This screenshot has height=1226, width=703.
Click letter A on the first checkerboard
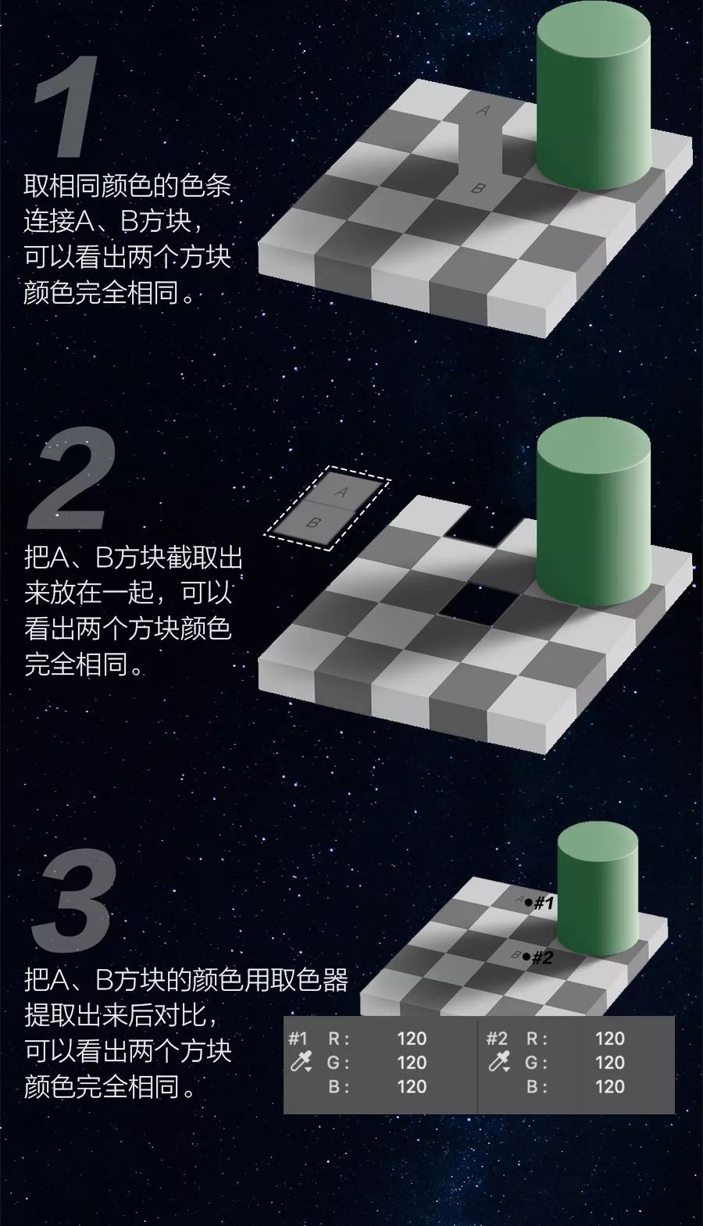click(x=483, y=110)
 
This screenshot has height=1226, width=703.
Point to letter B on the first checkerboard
click(x=478, y=188)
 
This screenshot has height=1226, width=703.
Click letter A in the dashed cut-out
click(x=341, y=492)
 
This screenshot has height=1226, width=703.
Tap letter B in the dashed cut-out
click(x=313, y=522)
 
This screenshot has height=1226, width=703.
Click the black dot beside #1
click(x=528, y=902)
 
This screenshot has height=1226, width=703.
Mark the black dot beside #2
click(x=526, y=957)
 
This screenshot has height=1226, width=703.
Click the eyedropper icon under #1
click(x=301, y=1062)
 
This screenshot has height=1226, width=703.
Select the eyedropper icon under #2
click(x=499, y=1062)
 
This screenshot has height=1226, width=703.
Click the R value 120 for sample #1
click(x=412, y=1039)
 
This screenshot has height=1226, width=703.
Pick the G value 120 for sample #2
click(x=610, y=1062)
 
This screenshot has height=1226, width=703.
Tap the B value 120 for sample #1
click(x=412, y=1086)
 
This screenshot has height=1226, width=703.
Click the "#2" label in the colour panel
click(x=497, y=1039)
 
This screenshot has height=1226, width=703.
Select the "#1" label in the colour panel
click(x=298, y=1039)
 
